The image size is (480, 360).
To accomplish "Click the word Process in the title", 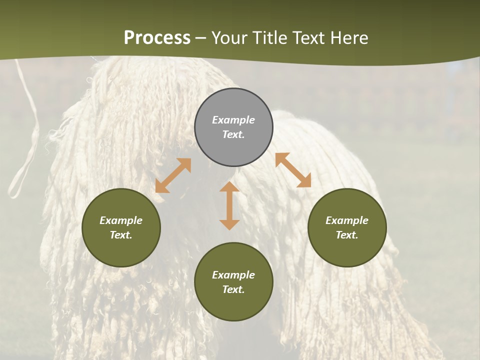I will (x=157, y=38).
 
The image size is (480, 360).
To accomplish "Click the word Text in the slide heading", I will (x=308, y=38).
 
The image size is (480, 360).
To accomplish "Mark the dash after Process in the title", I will (x=201, y=39).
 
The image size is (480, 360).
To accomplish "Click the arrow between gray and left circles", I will (x=173, y=175).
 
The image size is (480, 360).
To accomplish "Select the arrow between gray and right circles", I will (x=293, y=170).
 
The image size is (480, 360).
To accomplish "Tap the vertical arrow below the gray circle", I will (x=229, y=205).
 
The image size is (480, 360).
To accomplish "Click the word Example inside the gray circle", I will (x=233, y=120).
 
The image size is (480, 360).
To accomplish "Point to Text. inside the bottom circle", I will (x=233, y=289).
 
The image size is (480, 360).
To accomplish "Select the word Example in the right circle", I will (x=347, y=220).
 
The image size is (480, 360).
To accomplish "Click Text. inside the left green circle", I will (x=121, y=235).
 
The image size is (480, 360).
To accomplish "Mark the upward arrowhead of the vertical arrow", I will (x=229, y=187).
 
